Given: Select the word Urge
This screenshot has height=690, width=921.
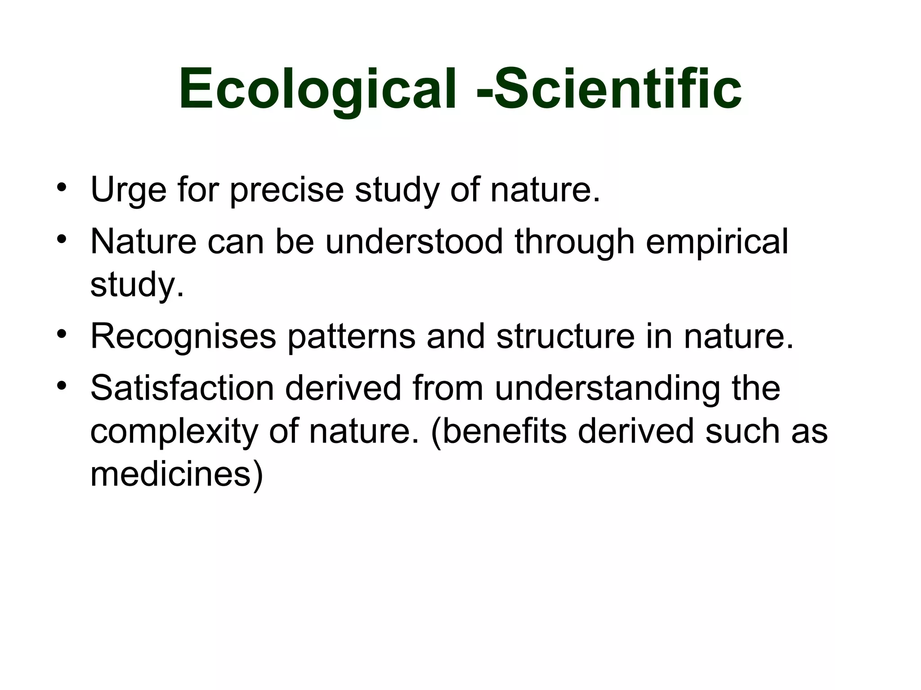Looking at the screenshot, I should (x=129, y=190).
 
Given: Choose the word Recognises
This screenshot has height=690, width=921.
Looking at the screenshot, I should (x=183, y=337).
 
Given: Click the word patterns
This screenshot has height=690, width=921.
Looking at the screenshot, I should (x=351, y=337).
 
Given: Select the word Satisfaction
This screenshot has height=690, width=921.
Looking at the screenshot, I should (x=182, y=388).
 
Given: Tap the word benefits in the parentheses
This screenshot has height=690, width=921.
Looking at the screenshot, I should (x=504, y=431).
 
